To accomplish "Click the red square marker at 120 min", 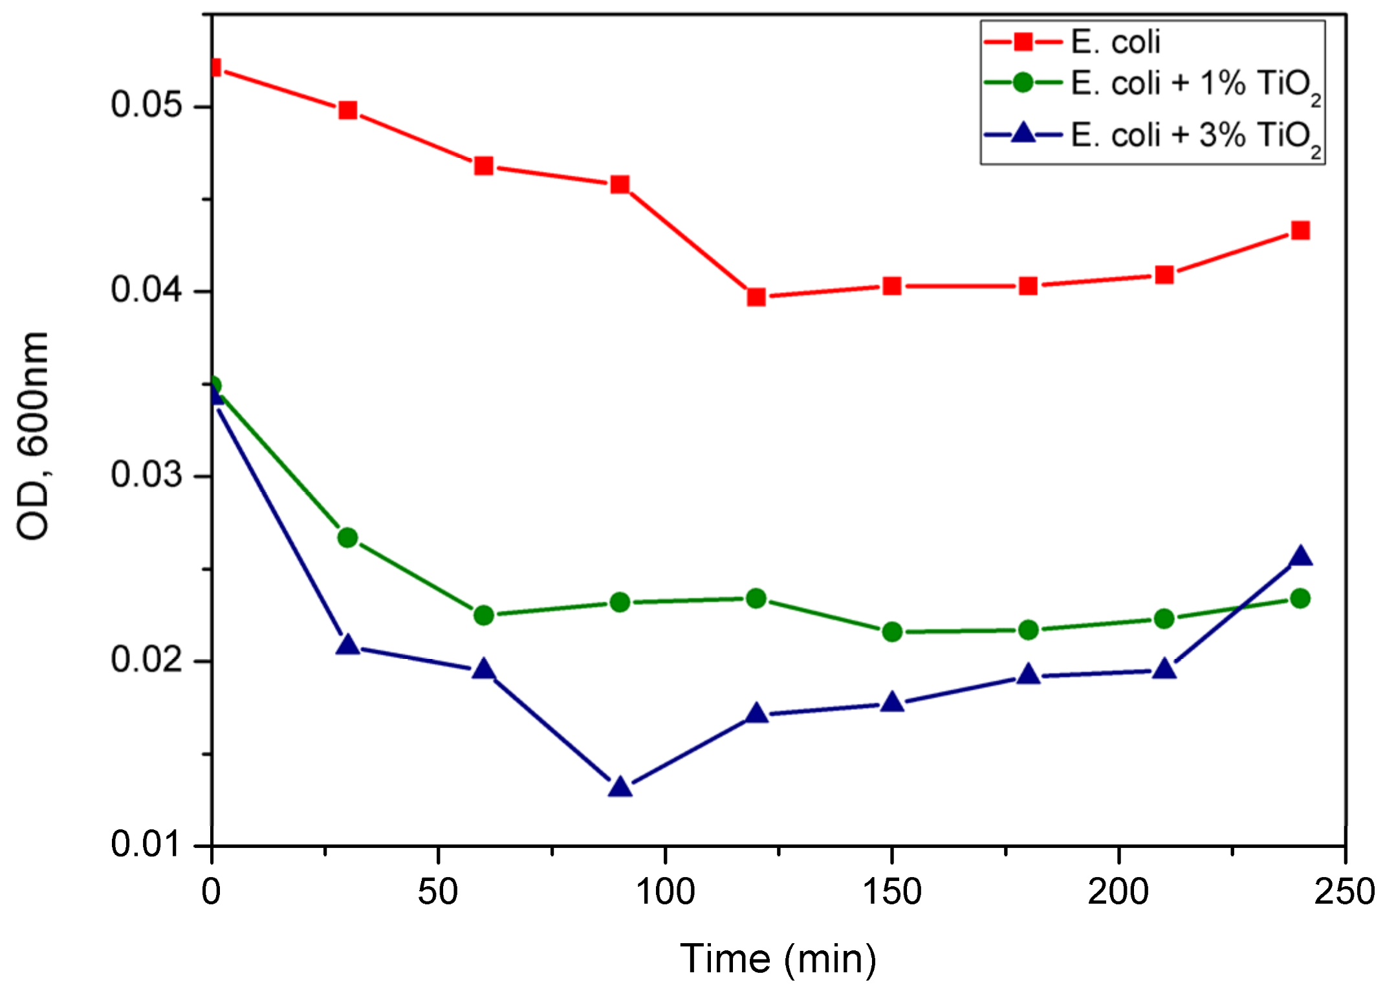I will click(x=756, y=297).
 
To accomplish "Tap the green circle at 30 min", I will click(x=348, y=537).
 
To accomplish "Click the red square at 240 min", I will click(x=1300, y=230).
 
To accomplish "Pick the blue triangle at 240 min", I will click(x=1300, y=557).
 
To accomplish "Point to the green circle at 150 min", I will click(x=892, y=631).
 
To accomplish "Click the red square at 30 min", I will click(x=348, y=110).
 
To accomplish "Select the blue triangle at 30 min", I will click(x=348, y=645).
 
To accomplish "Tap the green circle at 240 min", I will click(x=1300, y=599).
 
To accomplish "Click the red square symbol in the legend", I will click(x=1023, y=43).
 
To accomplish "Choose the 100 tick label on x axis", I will click(x=666, y=892).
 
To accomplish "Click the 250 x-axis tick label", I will click(x=1344, y=892).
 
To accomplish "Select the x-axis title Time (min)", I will click(x=778, y=959).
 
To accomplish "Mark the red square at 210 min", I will click(x=1164, y=275).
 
